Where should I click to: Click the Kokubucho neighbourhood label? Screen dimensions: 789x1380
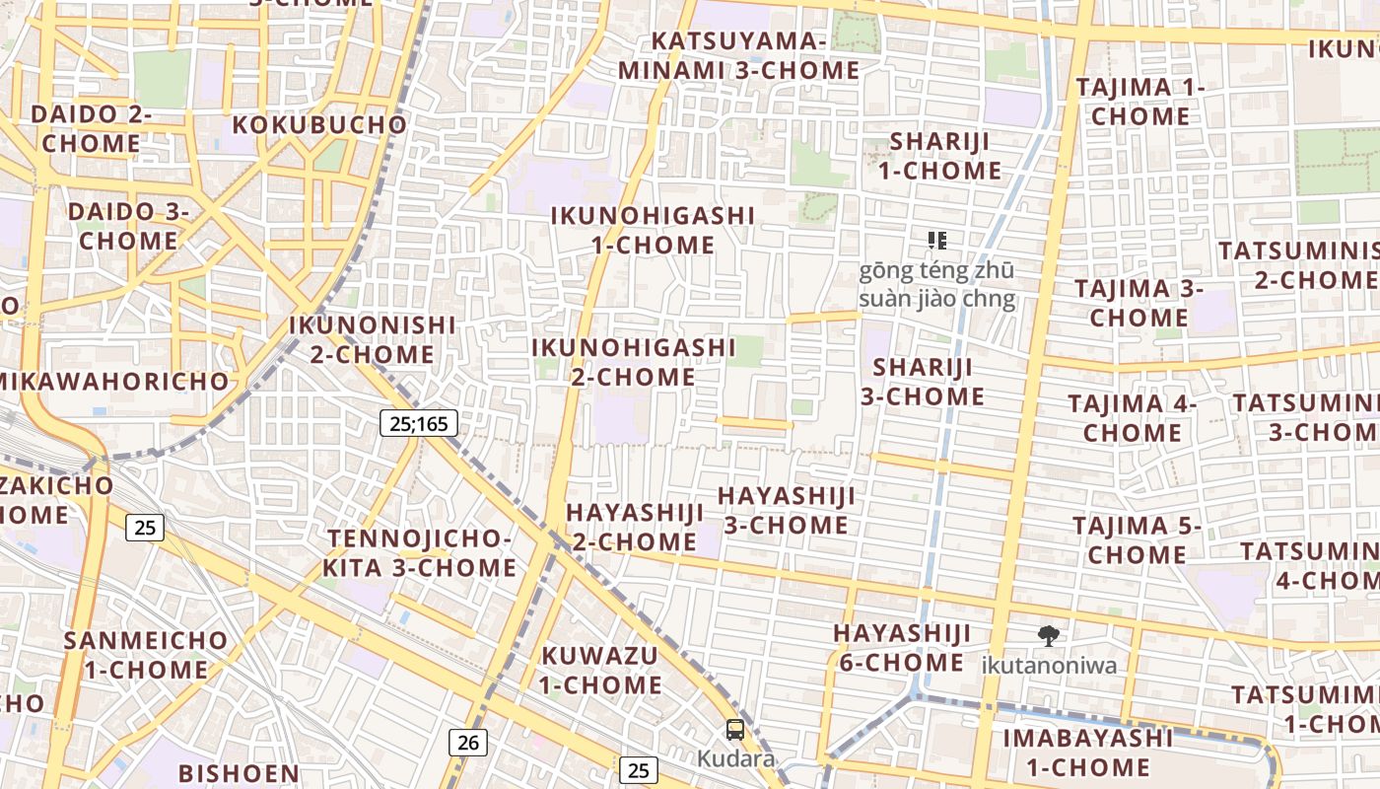318,125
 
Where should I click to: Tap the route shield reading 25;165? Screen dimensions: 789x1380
418,424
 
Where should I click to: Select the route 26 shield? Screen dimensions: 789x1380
467,742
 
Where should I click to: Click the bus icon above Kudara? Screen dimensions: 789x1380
735,730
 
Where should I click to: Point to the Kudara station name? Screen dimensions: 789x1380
735,759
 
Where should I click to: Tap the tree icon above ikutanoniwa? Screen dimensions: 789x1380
1049,636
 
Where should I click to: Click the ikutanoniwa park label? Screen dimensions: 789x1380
1049,665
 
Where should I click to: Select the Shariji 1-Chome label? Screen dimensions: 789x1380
939,156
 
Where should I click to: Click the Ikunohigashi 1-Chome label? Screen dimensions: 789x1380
653,230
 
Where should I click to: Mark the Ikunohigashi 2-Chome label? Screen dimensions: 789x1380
633,362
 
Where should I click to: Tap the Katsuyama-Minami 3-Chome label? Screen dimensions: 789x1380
738,56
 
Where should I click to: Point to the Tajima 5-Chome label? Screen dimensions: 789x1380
1137,540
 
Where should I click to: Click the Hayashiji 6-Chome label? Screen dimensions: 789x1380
901,647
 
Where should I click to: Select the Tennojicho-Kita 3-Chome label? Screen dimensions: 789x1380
420,553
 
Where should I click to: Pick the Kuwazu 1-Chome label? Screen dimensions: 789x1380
600,670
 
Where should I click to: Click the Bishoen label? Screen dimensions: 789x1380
239,773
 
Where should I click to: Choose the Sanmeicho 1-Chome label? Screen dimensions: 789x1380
146,655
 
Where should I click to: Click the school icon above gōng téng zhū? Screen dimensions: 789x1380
937,240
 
